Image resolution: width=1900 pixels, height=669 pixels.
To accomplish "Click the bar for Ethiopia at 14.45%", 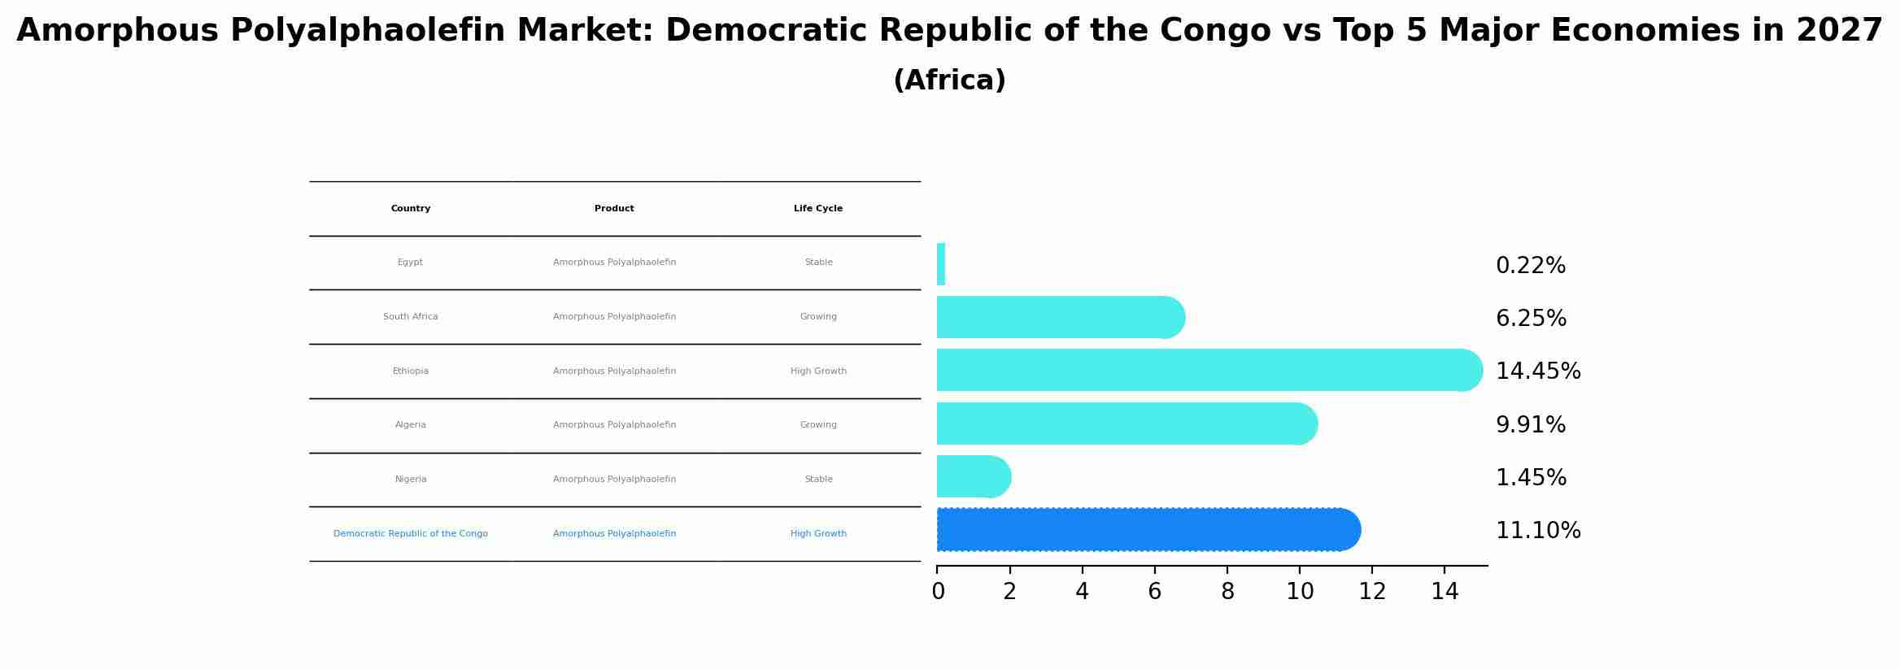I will [1208, 370].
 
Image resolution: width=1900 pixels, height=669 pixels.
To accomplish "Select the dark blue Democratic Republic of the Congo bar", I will [1147, 530].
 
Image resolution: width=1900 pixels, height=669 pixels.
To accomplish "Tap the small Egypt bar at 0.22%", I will [941, 264].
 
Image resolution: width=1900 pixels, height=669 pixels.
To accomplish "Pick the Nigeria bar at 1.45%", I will [973, 476].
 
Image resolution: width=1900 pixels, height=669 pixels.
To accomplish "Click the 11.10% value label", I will [1537, 531].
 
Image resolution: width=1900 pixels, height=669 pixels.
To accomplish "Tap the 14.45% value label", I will [1537, 371].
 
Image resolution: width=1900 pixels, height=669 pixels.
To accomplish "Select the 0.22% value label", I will [1530, 266].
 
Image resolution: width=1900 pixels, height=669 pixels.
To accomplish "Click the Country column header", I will [411, 209].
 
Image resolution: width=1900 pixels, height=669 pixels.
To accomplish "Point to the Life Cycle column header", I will [818, 209].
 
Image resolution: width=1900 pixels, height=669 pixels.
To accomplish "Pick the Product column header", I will [614, 209].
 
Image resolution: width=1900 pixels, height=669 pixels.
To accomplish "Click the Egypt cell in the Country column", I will [410, 263].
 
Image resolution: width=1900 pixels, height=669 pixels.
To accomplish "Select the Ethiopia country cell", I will [411, 371].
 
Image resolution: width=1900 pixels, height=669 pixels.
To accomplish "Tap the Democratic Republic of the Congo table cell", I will [411, 534].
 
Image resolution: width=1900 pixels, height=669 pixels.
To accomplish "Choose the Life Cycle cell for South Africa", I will [818, 317].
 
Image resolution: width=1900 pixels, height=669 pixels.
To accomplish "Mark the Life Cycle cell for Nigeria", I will [818, 480].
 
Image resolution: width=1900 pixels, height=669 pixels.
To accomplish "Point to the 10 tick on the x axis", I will [1300, 592].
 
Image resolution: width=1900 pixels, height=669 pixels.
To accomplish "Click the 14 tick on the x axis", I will [1445, 592].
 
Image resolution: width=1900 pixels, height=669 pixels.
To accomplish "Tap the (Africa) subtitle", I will [949, 80].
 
